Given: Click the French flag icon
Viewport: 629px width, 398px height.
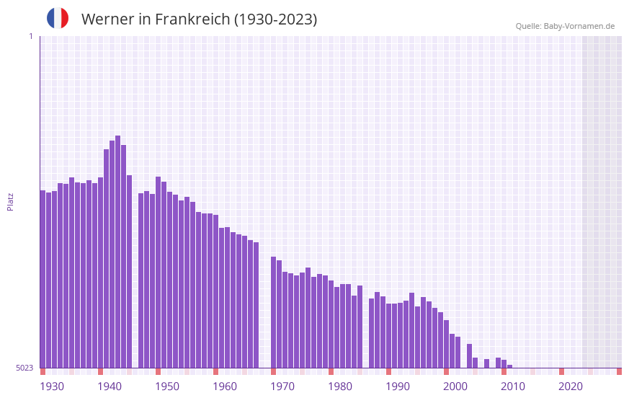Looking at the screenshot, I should click(58, 18).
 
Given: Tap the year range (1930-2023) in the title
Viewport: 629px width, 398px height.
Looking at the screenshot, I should click(275, 19).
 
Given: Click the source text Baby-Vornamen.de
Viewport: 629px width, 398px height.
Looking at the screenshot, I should click(579, 26).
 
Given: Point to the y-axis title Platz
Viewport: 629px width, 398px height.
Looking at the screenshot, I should click(10, 201).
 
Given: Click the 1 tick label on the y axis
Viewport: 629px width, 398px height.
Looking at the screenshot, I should click(30, 36).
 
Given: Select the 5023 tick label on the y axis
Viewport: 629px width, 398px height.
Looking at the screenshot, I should click(24, 368).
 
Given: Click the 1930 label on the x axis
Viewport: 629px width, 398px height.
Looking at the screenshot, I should click(52, 386).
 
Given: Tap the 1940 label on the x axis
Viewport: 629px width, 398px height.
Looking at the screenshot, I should click(110, 386).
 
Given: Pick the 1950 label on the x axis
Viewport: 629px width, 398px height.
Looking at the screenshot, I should click(167, 386).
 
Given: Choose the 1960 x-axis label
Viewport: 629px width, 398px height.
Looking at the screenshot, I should click(225, 386).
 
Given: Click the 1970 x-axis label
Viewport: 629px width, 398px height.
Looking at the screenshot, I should click(282, 386).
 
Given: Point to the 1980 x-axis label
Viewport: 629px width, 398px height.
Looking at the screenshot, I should click(340, 386).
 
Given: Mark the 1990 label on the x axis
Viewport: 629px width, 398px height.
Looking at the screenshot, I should click(398, 386).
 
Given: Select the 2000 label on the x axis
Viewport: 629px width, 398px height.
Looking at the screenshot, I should click(455, 386).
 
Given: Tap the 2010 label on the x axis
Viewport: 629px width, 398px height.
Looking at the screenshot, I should click(513, 386).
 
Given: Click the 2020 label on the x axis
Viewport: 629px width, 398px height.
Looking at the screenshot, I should click(571, 386).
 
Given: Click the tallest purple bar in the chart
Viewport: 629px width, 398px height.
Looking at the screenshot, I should click(117, 252).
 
